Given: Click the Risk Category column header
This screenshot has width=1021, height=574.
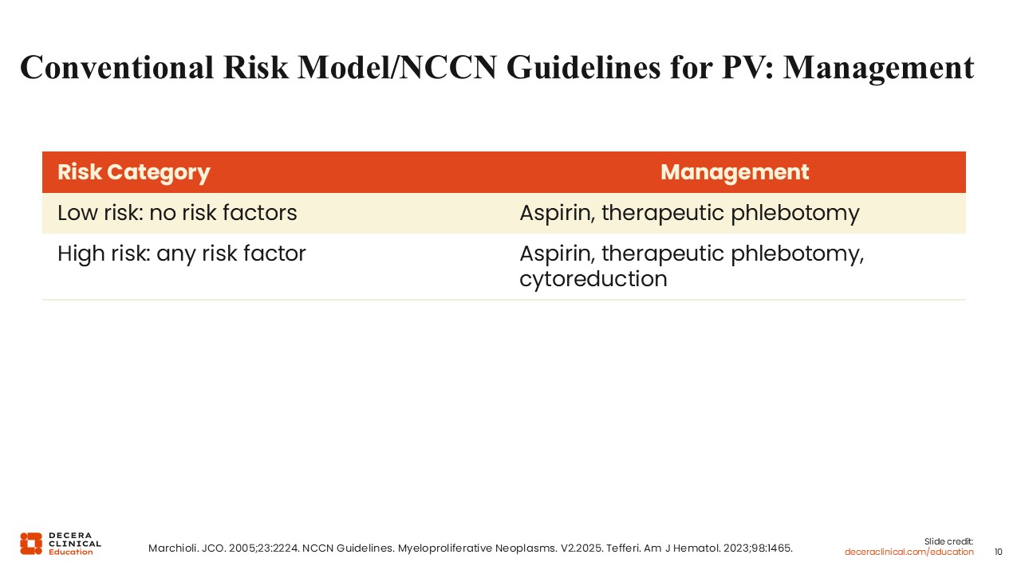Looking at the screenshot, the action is pos(133,173).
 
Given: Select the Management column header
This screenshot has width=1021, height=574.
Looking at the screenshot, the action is pos(735,173).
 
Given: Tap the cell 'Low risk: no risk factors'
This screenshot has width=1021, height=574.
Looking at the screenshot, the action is pos(177,213).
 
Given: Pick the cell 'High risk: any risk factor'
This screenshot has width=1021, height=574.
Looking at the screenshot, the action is pos(182,254).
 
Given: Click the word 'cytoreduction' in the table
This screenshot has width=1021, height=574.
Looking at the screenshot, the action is pos(593,278).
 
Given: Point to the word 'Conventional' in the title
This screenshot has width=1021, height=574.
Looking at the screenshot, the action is pos(116,68).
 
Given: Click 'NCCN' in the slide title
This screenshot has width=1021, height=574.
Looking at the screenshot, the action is pos(448,68).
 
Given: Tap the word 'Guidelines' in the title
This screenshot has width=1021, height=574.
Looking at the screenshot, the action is pos(583,68).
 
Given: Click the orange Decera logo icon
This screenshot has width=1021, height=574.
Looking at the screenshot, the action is pos(31,544).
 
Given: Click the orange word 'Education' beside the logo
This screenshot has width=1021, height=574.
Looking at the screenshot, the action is pos(71,552).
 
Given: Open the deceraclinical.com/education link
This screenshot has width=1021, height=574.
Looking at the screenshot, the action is pos(909,552).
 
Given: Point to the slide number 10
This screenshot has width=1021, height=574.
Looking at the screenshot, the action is pos(998,552).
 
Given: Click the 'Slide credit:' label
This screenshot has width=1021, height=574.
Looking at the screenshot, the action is pos(948,541).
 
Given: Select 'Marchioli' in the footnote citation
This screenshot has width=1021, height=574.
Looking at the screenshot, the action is pos(173,548).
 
